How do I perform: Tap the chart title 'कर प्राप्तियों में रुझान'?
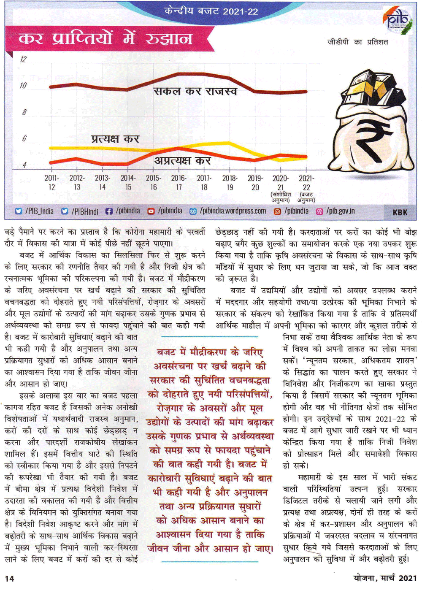tap(105, 39)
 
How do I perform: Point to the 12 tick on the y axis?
tap(23, 60)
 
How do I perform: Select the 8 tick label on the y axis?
tap(24, 112)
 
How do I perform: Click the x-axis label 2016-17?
tap(179, 183)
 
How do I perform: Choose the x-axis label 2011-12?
tap(51, 183)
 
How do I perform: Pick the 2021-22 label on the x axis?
tap(306, 183)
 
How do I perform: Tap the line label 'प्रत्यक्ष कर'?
tap(115, 139)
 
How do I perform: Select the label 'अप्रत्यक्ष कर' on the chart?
tap(182, 161)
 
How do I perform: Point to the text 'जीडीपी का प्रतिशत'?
tap(358, 42)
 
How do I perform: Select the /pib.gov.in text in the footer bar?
tap(340, 211)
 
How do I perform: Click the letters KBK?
tap(400, 212)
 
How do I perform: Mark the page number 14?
tap(9, 578)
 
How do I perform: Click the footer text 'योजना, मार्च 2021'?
tap(385, 578)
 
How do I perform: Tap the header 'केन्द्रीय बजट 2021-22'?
tap(211, 11)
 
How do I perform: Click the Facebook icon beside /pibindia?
tap(109, 211)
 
